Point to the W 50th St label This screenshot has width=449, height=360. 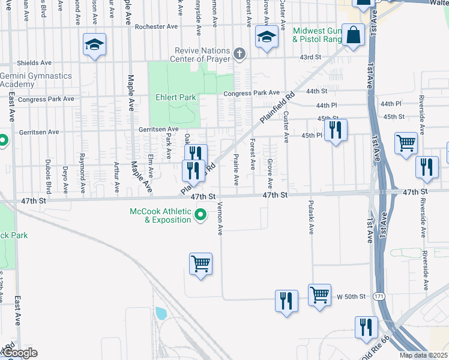pos(351,296)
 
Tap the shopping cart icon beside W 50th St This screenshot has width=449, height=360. pos(320,295)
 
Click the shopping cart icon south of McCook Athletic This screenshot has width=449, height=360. pos(200,263)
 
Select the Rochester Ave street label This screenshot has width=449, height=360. pos(157,26)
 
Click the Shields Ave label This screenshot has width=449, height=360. pos(34,62)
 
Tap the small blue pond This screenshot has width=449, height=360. pos(160,313)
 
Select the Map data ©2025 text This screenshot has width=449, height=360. pos(423,355)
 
